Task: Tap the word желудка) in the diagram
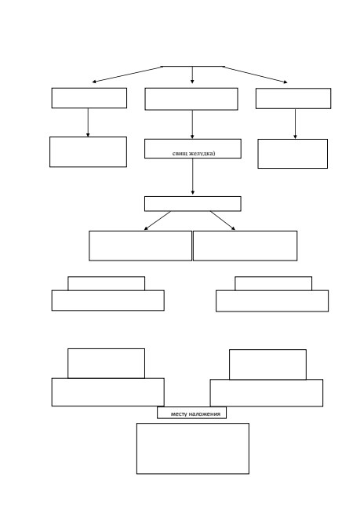point(202,153)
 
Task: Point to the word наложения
point(205,413)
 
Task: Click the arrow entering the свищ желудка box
point(192,124)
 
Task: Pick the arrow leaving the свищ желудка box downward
point(192,177)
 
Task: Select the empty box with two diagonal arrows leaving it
point(193,204)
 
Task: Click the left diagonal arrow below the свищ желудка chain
point(158,220)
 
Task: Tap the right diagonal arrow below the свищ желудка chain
point(223,220)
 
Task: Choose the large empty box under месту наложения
point(193,449)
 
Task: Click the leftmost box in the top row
point(89,98)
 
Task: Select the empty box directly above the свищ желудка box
point(191,99)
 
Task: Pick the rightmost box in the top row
point(293,98)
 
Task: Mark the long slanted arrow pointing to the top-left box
point(127,75)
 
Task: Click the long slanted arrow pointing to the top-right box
point(255,75)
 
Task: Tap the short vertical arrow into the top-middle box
point(192,75)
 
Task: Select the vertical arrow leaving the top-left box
point(88,122)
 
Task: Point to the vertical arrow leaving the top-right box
point(295,124)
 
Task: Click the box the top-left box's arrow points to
point(88,152)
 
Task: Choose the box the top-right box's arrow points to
point(293,154)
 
